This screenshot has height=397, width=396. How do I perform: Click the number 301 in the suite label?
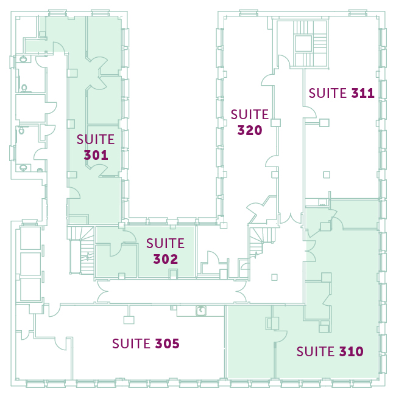tap(96, 155)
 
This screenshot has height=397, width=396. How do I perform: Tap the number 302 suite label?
tap(165, 259)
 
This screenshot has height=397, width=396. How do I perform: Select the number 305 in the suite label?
tap(167, 343)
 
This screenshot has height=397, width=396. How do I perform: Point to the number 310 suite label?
tap(352, 351)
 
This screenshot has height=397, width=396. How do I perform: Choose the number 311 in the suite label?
tap(362, 93)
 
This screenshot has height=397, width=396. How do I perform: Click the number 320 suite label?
tap(250, 130)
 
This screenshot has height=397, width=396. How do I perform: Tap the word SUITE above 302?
tap(165, 243)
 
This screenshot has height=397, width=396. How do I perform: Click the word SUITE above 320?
tap(250, 114)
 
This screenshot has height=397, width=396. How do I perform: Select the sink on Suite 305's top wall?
tap(200, 311)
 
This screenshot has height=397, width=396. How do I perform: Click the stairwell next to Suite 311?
tap(311, 43)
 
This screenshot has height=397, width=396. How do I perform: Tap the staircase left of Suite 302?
tap(82, 250)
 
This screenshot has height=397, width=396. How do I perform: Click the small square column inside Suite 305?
tap(129, 320)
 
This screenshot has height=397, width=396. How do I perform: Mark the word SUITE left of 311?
tap(328, 93)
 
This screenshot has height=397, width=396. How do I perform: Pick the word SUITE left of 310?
tap(316, 351)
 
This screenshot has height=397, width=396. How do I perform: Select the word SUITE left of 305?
tap(132, 343)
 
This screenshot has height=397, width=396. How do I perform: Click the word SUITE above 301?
tap(96, 139)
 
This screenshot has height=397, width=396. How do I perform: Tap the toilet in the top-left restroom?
tap(23, 60)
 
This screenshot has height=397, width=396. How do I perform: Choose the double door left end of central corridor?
tap(103, 291)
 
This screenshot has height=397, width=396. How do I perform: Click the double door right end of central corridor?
tap(241, 291)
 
